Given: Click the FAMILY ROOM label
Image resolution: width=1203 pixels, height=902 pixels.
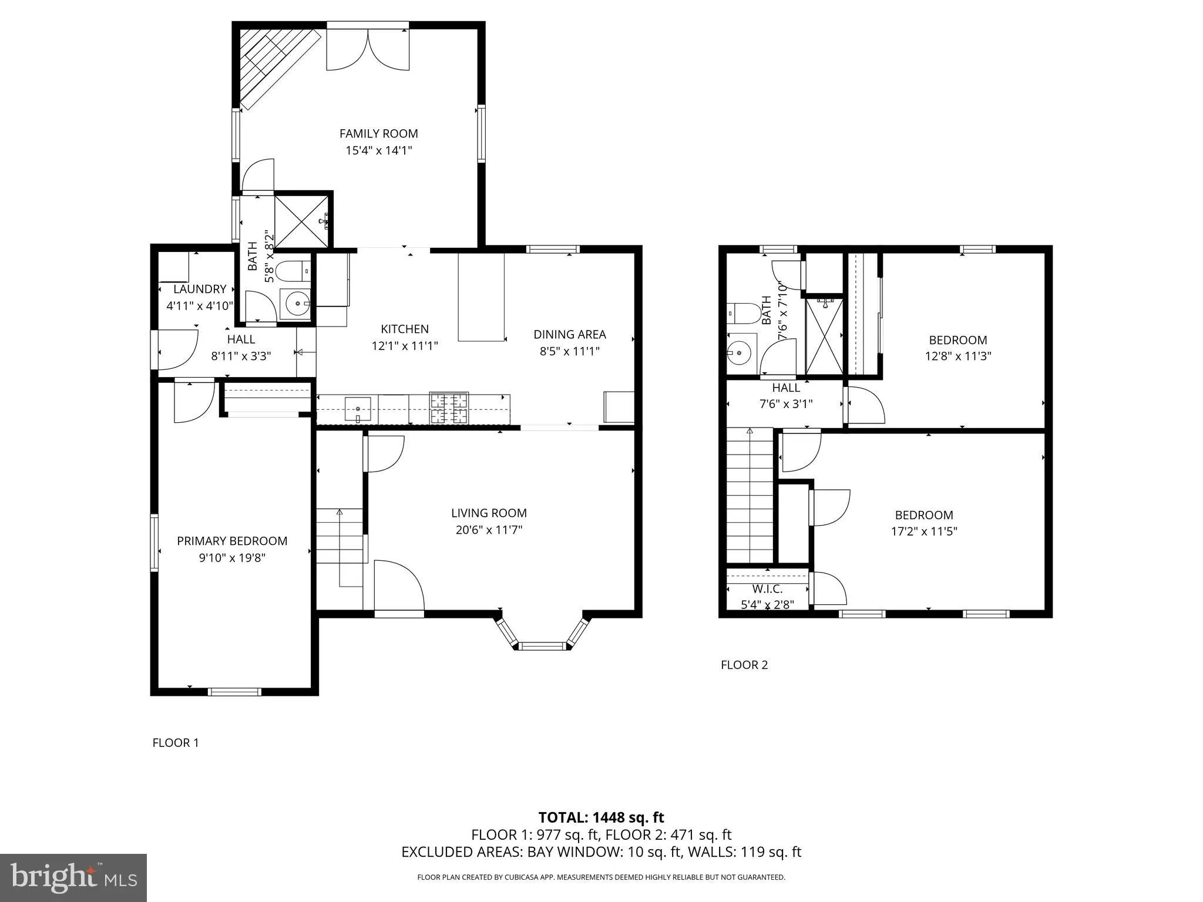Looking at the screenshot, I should point(378,134).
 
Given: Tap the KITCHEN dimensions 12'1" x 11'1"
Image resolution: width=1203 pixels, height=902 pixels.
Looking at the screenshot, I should point(405,346).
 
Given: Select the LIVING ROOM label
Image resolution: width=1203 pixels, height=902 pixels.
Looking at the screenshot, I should point(489,513).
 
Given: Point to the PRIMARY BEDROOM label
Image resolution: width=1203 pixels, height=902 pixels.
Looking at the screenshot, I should point(232,541).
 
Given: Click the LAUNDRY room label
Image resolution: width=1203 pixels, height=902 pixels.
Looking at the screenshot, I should point(200,289).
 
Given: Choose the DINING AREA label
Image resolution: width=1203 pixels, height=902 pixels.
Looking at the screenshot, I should point(569,334).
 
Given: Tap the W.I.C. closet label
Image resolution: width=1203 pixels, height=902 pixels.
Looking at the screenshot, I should point(767,588).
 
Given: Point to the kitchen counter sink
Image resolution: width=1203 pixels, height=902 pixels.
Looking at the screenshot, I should point(358,408).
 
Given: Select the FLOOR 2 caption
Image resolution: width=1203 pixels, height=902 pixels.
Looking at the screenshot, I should point(744,665).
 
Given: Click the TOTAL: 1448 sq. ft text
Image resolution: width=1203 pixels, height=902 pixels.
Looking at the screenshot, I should point(601,817).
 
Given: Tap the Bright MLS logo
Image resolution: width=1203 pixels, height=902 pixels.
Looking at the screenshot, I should point(73,877).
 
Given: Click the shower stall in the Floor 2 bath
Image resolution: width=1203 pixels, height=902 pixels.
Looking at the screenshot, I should point(824,336).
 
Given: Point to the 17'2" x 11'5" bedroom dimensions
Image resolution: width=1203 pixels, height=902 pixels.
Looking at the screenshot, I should point(924,531).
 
